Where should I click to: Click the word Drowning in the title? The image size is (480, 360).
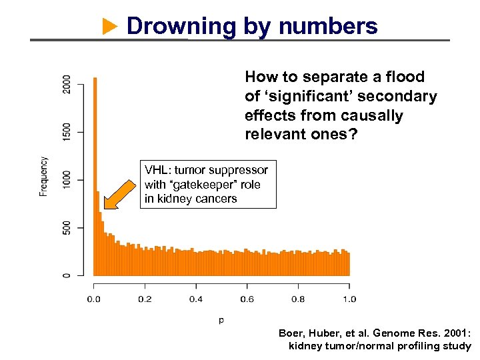click(181, 27)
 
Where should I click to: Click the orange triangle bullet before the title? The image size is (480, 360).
click(110, 27)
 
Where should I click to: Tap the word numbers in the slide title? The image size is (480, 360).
click(328, 27)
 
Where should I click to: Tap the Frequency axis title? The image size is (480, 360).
click(44, 177)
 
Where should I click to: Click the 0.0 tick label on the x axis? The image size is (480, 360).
click(94, 299)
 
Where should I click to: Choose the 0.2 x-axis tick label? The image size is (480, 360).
click(145, 299)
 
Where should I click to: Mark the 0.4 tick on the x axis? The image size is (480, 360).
click(196, 299)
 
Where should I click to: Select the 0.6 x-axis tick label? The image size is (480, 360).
click(247, 299)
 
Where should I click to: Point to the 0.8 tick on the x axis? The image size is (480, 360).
click(298, 299)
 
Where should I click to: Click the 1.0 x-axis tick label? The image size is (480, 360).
click(349, 299)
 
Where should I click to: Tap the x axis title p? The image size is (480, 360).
click(221, 321)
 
